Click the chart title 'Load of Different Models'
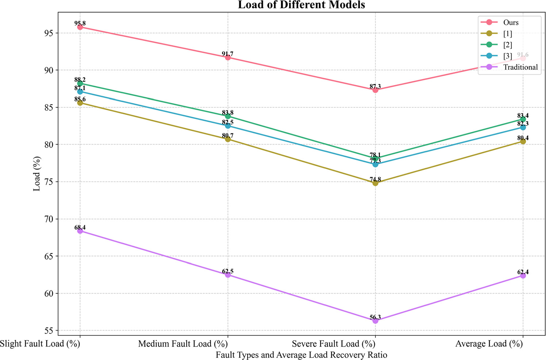[x=301, y=5]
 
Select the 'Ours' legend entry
[x=511, y=23]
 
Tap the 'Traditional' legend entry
[x=520, y=67]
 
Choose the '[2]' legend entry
[x=507, y=45]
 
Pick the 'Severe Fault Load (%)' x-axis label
[x=334, y=344]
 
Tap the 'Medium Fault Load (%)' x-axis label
[x=183, y=344]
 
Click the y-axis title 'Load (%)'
[x=37, y=174]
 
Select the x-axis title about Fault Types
[x=301, y=355]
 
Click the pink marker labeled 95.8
[x=80, y=27]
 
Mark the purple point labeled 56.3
[x=375, y=321]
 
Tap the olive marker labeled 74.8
[x=375, y=183]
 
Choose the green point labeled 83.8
[x=228, y=116]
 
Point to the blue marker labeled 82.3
[x=523, y=127]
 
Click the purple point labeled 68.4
[x=80, y=231]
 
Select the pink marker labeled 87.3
[x=375, y=90]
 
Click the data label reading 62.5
[x=228, y=271]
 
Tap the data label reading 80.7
[x=228, y=136]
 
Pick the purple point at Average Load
[x=523, y=276]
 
